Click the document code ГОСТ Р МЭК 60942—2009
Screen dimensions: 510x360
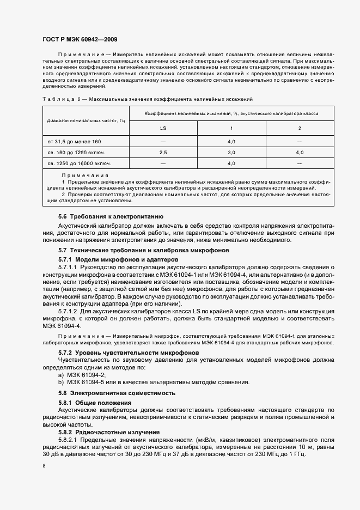click(79, 40)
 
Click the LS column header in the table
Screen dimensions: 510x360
click(162, 129)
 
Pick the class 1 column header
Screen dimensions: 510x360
click(231, 129)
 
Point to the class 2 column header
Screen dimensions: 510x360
click(299, 129)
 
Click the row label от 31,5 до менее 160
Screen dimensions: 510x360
click(74, 142)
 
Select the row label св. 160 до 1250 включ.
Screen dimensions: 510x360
click(76, 153)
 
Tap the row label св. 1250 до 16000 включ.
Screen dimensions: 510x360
click(79, 163)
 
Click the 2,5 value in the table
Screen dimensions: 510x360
click(162, 153)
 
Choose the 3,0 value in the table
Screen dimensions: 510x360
click(231, 153)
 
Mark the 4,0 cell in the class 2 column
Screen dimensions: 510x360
click(299, 153)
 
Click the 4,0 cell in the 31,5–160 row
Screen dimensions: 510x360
click(231, 142)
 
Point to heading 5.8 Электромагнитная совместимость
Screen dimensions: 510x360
click(117, 392)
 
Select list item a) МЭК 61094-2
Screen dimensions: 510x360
click(82, 375)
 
